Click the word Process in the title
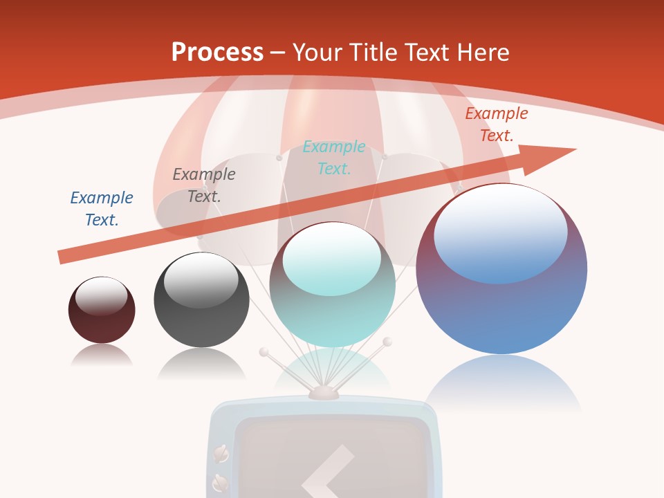(217, 52)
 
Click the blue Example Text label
(102, 208)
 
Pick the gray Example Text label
(204, 185)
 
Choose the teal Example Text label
(334, 157)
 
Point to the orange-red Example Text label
(496, 124)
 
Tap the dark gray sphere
(201, 315)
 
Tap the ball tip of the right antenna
(387, 342)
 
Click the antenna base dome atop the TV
(324, 393)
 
